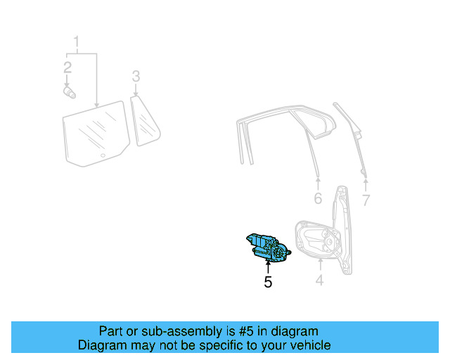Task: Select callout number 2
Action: click(67, 67)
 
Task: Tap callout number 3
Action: click(136, 76)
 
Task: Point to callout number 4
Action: click(319, 281)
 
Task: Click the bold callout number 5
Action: click(268, 282)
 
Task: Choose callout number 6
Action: click(318, 199)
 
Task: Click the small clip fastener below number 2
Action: click(68, 91)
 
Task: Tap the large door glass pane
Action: click(95, 134)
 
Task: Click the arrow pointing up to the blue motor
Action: click(268, 267)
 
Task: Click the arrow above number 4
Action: click(319, 265)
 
